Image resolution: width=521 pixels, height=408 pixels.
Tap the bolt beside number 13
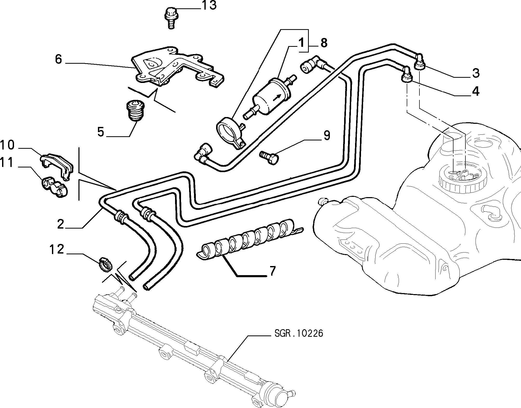(x=170, y=18)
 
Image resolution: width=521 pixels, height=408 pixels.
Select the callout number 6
(x=58, y=60)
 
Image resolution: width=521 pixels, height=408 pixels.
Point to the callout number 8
(x=324, y=43)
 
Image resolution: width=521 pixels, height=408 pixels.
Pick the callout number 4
(x=475, y=92)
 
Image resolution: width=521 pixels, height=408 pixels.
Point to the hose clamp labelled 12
(x=106, y=264)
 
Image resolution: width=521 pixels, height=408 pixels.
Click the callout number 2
(x=61, y=224)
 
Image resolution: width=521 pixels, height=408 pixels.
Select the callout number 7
(x=272, y=271)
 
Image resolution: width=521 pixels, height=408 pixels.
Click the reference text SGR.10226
(x=299, y=334)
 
